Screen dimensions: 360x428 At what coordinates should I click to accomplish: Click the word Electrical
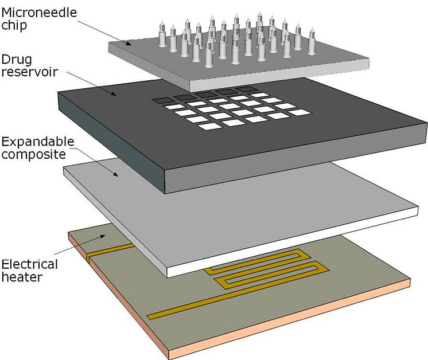[x=29, y=264]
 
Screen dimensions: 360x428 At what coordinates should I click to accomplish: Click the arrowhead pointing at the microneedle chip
[x=130, y=44]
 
